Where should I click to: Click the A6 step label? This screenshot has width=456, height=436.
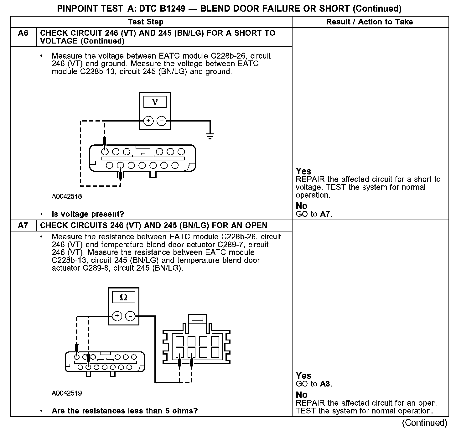coord(23,33)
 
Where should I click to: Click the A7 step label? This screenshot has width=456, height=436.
coord(23,226)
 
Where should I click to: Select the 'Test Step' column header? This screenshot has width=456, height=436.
coord(145,22)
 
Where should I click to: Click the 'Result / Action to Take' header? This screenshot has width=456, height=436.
coord(370,22)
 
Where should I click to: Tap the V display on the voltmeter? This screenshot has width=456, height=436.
coord(155,102)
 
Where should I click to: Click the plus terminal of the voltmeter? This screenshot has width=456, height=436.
coord(148,121)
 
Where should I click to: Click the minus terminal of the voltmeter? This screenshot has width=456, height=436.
coord(162,121)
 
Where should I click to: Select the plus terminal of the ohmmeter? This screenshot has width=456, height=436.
coord(117,316)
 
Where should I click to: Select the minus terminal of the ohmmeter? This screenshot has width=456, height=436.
coord(130,316)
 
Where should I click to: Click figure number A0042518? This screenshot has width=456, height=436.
coord(67,197)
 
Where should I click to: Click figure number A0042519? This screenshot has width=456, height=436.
coord(67,393)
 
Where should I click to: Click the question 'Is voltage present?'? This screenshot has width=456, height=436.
coord(88,214)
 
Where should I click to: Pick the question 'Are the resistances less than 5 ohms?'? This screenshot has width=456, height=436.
coord(125,411)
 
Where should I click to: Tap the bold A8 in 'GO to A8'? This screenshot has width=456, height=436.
coord(325,384)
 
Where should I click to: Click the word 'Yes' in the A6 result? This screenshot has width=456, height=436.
coord(303,171)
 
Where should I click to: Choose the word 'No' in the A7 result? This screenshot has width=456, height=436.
coord(302,395)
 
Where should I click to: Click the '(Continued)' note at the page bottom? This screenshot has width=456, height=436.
coord(424,423)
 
